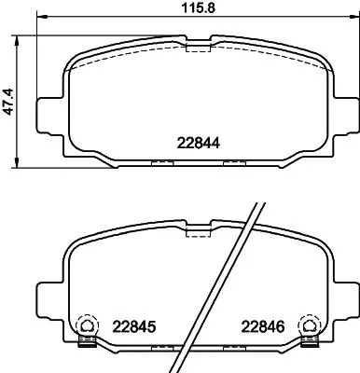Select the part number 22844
[198, 143]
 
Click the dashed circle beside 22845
[86, 326]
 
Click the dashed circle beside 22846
[306, 326]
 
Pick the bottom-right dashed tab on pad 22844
[235, 163]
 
